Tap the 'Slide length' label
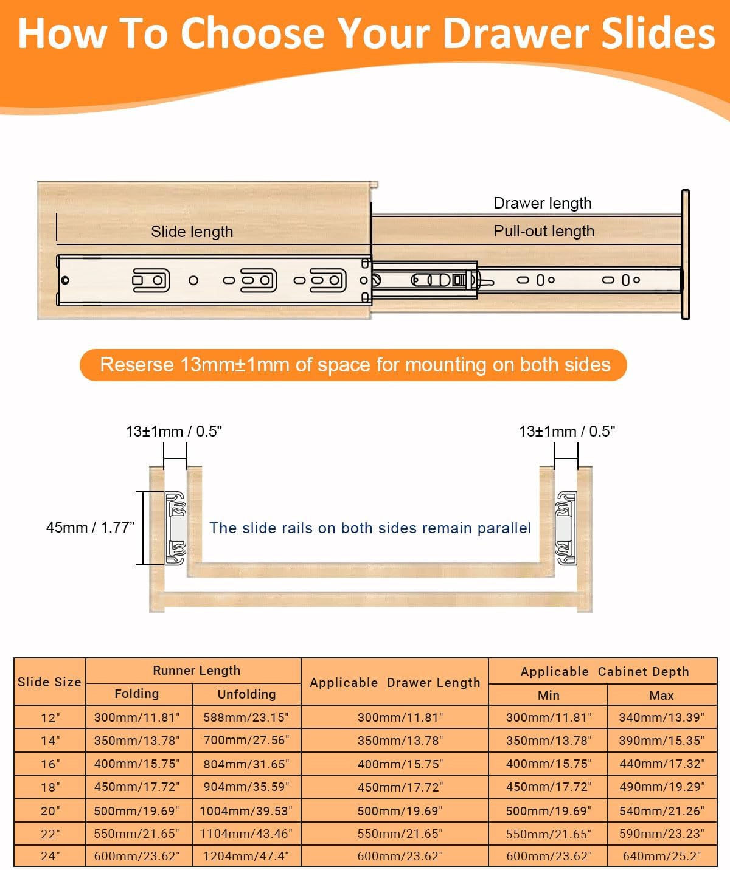pyautogui.click(x=192, y=232)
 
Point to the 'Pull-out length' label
pyautogui.click(x=544, y=231)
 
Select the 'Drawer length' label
pyautogui.click(x=542, y=203)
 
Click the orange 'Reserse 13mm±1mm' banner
pyautogui.click(x=353, y=365)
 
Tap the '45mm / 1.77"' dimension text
pyautogui.click(x=90, y=527)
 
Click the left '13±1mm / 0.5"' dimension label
pyautogui.click(x=174, y=432)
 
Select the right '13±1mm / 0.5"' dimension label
pyautogui.click(x=567, y=432)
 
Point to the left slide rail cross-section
pyautogui.click(x=176, y=528)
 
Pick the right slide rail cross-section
pyautogui.click(x=566, y=528)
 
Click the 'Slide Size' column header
pyautogui.click(x=50, y=682)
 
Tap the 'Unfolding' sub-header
pyautogui.click(x=246, y=694)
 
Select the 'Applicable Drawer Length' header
pyautogui.click(x=395, y=683)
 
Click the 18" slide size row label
pyautogui.click(x=50, y=787)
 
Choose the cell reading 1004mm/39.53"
pyautogui.click(x=246, y=810)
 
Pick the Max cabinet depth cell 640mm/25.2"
pyautogui.click(x=662, y=857)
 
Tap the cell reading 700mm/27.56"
pyautogui.click(x=246, y=741)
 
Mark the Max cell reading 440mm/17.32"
pyautogui.click(x=662, y=764)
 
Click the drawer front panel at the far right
pyautogui.click(x=686, y=254)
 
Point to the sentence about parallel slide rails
pyautogui.click(x=370, y=528)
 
